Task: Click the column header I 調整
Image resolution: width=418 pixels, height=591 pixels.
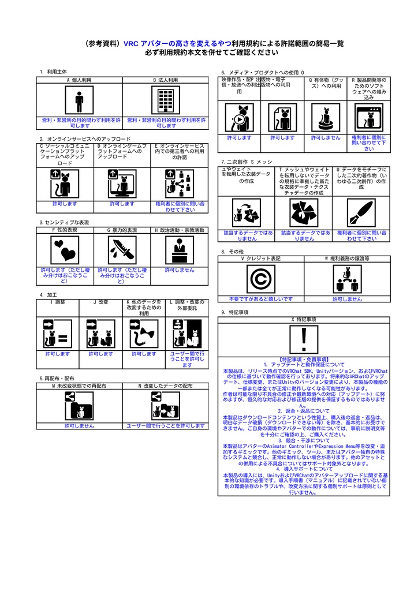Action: coord(58,302)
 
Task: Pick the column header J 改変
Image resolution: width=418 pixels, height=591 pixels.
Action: coord(100,302)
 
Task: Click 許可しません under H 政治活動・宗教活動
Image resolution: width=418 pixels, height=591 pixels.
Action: coord(179,270)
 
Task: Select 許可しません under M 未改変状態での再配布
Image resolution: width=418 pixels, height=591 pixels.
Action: coord(79,426)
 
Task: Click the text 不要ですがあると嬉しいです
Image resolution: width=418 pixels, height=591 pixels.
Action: coord(260,299)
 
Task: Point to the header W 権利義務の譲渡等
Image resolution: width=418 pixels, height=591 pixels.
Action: coord(347,259)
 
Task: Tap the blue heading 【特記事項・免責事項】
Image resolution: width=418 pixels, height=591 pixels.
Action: coord(304,359)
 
